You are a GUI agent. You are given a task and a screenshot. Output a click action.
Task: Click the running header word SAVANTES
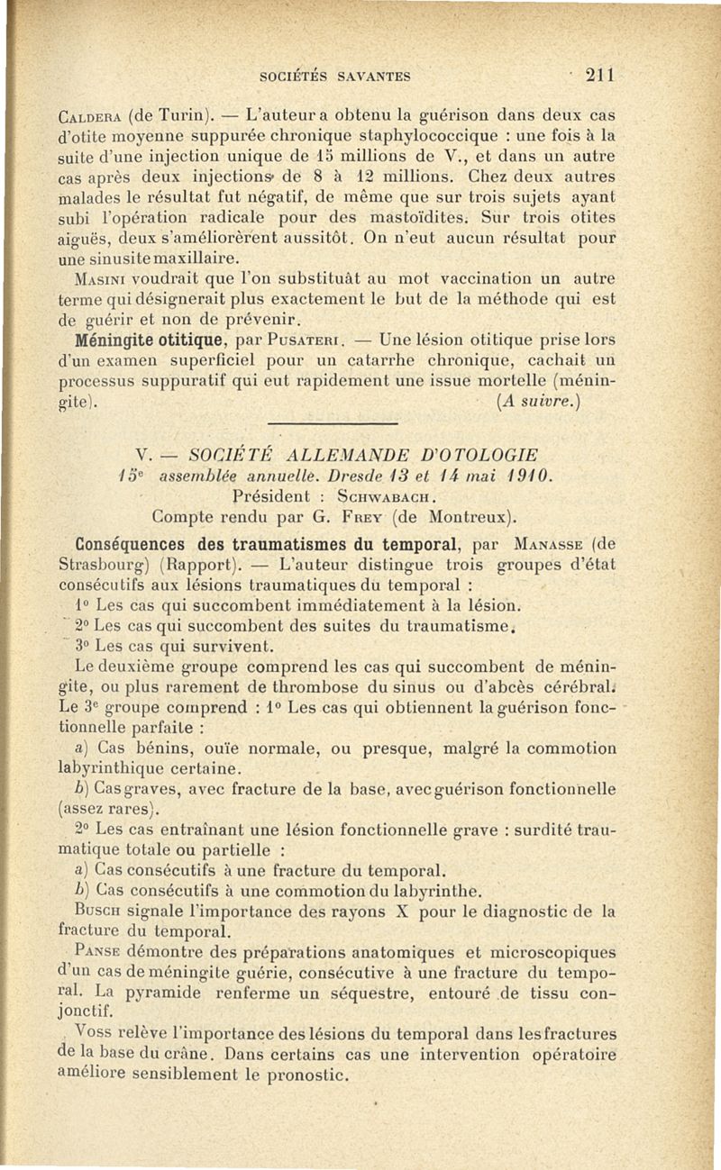point(370,77)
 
